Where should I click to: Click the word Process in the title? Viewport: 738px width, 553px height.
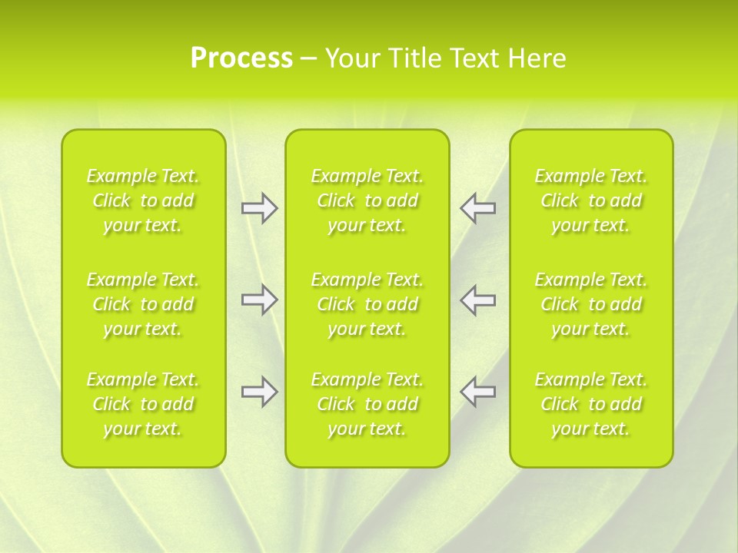241,58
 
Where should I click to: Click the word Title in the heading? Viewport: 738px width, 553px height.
414,58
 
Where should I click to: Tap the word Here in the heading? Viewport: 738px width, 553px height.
537,58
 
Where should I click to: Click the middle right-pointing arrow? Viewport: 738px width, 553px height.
260,300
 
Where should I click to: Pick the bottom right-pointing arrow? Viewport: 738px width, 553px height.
260,392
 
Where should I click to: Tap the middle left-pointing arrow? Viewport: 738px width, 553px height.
477,300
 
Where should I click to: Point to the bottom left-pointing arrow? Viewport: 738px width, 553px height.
477,392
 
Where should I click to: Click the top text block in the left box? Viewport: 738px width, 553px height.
143,200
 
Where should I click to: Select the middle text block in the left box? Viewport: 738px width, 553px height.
143,304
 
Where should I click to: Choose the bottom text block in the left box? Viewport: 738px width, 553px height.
143,404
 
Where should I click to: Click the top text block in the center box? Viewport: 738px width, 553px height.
367,200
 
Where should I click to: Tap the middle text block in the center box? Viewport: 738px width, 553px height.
367,304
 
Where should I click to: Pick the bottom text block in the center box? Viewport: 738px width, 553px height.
367,404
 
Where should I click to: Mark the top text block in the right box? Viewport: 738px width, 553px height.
590,200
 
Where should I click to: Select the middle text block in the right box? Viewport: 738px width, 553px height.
590,304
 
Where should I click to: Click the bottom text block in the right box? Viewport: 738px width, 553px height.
590,404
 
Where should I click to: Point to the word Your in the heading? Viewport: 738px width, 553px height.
352,58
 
